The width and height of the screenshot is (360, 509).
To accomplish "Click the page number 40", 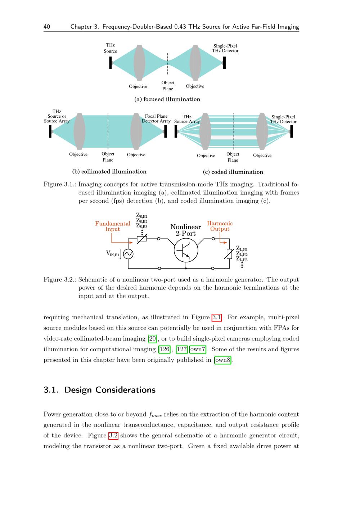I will click(x=47, y=27).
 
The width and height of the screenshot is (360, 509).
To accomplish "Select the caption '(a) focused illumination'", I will click(x=167, y=99).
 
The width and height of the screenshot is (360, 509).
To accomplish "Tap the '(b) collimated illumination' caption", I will click(x=109, y=172).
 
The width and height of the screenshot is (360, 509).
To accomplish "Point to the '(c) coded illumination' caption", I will click(x=233, y=172).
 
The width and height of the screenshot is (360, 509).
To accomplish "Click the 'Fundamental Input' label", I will click(x=113, y=226).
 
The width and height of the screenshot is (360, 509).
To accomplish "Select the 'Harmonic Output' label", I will click(x=220, y=226).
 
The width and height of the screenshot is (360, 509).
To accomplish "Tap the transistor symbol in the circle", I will click(x=186, y=251).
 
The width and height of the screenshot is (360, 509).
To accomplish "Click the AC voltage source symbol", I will click(x=128, y=254).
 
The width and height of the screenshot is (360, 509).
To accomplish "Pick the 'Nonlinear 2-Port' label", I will click(x=185, y=230).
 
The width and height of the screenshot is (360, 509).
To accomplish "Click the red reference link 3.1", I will click(x=216, y=317).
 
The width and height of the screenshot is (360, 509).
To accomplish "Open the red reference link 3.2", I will click(x=113, y=436).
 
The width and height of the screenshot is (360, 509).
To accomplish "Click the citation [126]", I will click(x=165, y=349).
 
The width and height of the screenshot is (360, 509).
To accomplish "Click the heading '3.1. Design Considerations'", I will click(x=99, y=390).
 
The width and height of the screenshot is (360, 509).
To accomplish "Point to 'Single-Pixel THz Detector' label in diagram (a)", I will click(x=225, y=48).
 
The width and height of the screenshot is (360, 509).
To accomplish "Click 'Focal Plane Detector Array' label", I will click(x=156, y=119).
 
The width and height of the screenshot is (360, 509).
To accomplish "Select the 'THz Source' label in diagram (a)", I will click(x=110, y=48).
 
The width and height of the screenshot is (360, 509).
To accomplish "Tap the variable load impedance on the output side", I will click(x=229, y=254).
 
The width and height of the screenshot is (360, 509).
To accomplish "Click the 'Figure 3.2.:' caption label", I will click(x=60, y=280).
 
